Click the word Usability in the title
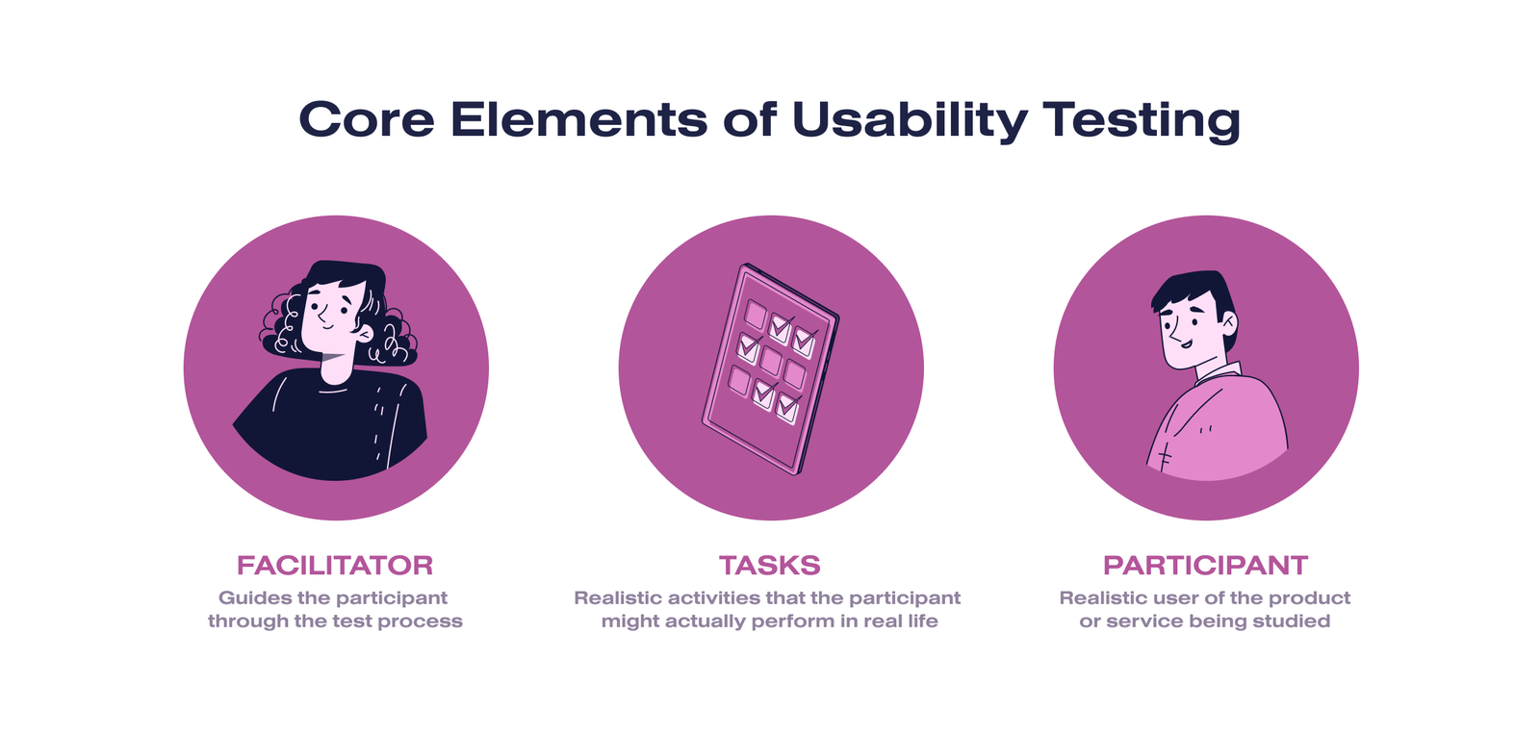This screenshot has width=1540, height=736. [x=909, y=121]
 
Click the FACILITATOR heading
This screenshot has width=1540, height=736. [x=335, y=565]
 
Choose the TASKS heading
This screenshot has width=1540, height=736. [x=769, y=565]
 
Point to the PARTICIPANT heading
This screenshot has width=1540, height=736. [x=1205, y=565]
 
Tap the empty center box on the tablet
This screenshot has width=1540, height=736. [x=771, y=360]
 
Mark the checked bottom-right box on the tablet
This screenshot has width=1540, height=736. [x=787, y=408]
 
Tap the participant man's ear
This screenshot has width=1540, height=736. [x=1227, y=323]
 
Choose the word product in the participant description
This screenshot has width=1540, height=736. [x=1314, y=597]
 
